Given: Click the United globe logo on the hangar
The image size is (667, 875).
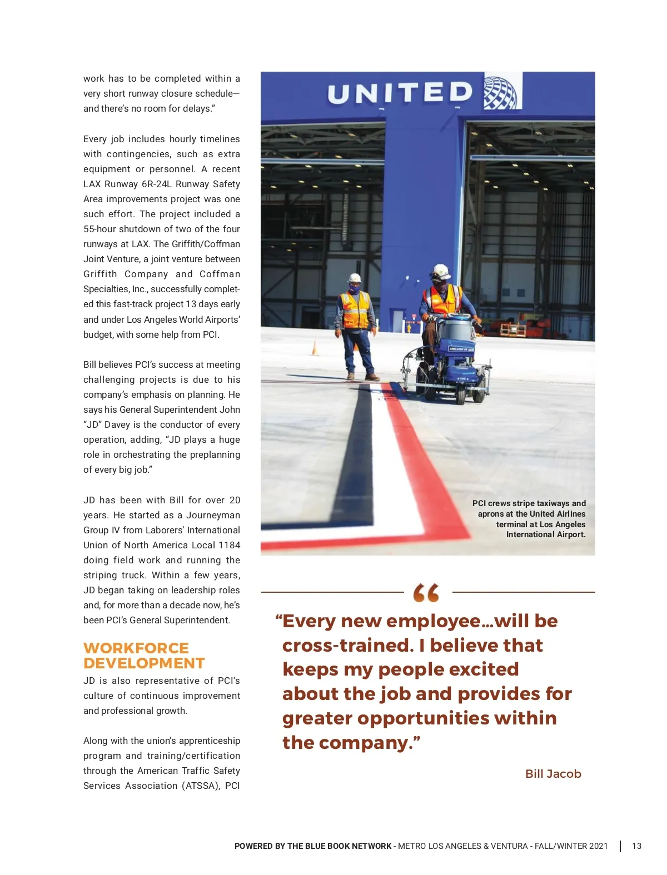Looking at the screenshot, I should tap(501, 92).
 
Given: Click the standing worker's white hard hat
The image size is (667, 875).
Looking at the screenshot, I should tap(355, 278).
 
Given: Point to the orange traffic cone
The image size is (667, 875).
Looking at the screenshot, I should tap(315, 348).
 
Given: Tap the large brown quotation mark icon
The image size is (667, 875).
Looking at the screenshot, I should tap(426, 593).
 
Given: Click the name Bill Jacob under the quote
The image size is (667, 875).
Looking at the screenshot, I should tap(553, 773).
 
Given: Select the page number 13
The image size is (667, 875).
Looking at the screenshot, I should tap(636, 846).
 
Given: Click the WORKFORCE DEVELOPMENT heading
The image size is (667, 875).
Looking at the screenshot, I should tap(144, 656).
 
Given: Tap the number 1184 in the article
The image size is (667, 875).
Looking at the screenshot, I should tap(229, 545).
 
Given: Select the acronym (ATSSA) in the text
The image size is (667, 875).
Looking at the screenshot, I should tap(201, 786).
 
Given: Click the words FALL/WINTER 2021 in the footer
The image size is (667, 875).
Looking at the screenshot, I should tap(571, 846).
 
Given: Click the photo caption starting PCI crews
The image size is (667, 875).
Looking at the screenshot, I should tap(529, 518).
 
